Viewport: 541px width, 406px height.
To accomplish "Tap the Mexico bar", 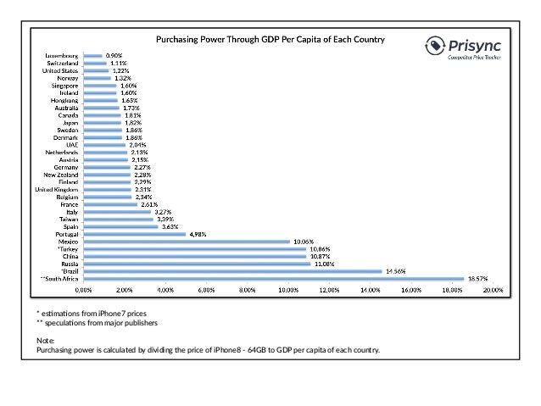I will click(186, 242).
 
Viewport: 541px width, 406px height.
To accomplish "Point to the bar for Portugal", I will click(134, 234).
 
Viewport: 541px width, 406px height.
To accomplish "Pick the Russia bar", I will click(196, 264).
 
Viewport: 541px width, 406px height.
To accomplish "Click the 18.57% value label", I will click(477, 278).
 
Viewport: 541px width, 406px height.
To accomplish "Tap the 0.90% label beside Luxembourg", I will click(114, 56).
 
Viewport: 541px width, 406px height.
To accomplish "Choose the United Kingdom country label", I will click(57, 189).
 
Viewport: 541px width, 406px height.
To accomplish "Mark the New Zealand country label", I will click(60, 174).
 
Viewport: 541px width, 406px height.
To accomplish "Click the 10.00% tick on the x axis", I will click(287, 290).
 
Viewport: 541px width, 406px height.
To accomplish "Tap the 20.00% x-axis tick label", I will click(493, 290).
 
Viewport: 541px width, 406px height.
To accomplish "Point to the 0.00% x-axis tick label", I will click(83, 290).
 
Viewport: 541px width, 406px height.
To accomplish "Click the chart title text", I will click(270, 40).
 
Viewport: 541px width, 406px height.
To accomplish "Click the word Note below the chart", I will click(45, 340).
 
